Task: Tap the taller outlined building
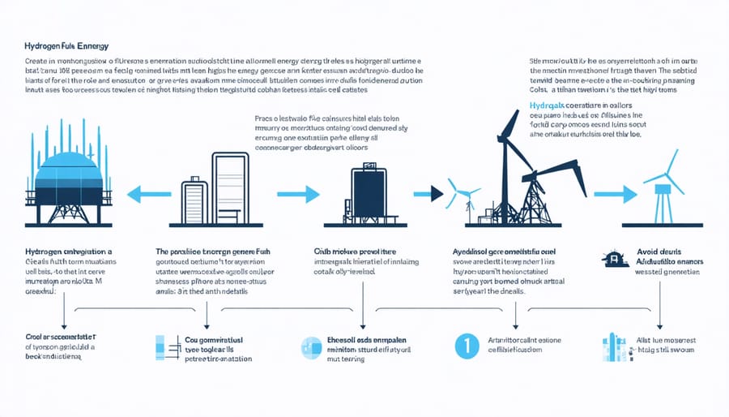tap(230, 187)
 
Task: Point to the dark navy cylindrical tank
tap(369, 191)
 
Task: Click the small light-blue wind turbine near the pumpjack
tap(463, 195)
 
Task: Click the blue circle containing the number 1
tap(463, 345)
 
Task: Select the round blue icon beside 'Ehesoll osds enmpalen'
tap(311, 347)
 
